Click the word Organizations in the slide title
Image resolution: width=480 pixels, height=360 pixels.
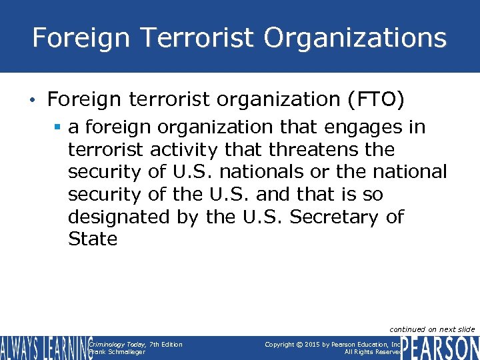coord(355,37)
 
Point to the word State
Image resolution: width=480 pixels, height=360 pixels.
coord(93,239)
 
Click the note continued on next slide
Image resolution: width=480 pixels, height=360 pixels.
coord(432,329)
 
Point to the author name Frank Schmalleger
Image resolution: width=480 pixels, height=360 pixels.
coord(117,352)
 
